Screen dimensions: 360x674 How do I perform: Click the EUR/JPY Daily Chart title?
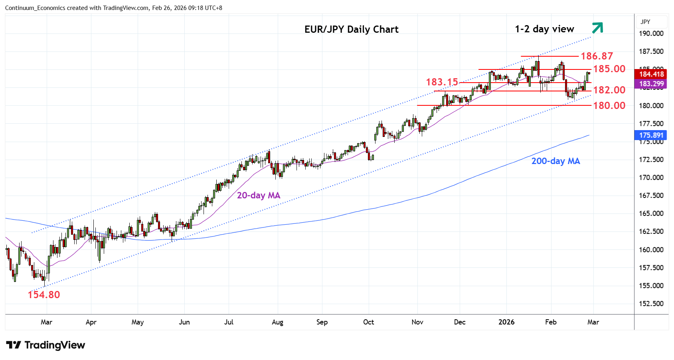pos(351,30)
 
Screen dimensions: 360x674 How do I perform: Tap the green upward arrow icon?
pos(597,28)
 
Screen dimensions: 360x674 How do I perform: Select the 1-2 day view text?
pos(544,29)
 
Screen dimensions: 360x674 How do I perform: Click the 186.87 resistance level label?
pos(597,56)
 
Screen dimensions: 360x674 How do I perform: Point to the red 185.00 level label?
pos(609,69)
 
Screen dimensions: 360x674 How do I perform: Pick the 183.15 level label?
pos(442,82)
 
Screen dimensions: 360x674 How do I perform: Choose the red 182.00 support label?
pos(609,90)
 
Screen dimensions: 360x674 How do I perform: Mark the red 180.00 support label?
pos(609,106)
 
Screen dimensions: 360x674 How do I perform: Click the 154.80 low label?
pos(44,295)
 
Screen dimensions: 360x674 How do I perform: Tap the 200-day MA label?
pos(555,161)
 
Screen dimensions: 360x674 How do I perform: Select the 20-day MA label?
pos(259,196)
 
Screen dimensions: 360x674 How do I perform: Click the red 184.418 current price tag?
pos(651,74)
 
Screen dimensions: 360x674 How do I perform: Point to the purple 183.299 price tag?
pos(651,84)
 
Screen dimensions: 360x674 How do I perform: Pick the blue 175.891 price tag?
pos(651,135)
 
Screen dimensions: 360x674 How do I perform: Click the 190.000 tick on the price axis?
pos(651,34)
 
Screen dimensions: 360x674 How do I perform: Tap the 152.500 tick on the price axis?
pos(651,304)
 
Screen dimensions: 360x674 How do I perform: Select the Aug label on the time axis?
pos(277,322)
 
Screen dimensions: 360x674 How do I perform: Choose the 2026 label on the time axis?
pos(506,322)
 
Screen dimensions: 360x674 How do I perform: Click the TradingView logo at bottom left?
pos(46,345)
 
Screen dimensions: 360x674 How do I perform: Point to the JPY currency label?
pos(645,22)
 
